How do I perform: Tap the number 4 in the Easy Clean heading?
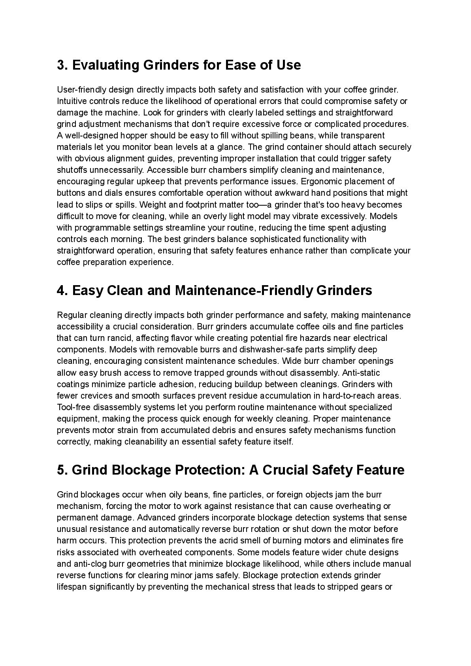61,291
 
